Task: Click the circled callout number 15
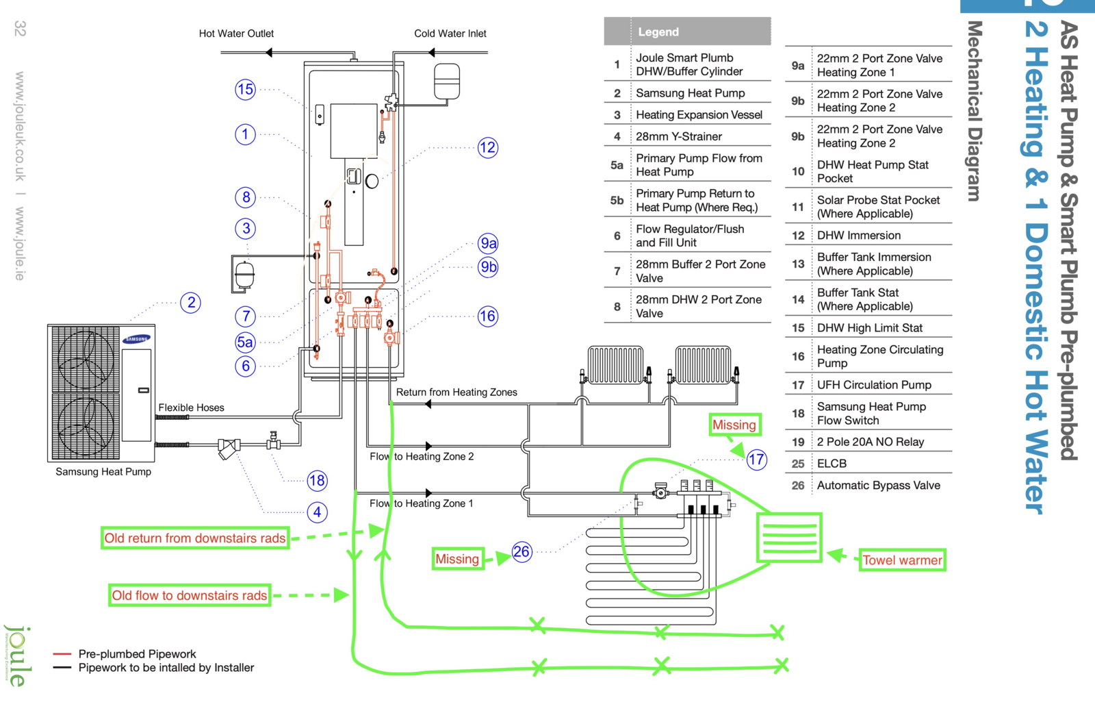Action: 245,90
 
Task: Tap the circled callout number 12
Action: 487,147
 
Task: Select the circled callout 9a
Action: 488,243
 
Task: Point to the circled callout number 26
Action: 521,551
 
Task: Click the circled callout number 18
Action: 316,480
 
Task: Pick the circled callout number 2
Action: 191,303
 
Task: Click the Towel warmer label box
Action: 902,560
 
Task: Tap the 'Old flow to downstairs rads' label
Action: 190,595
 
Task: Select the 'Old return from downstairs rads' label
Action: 195,538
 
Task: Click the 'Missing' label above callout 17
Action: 734,425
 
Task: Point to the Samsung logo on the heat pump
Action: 137,339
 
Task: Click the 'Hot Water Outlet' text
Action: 236,34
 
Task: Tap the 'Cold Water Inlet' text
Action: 450,34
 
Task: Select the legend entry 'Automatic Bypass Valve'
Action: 878,486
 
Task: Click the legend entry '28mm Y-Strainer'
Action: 678,136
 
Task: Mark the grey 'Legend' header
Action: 687,32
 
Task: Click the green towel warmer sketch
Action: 788,538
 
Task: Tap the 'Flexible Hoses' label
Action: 191,408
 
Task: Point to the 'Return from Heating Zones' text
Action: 456,392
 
